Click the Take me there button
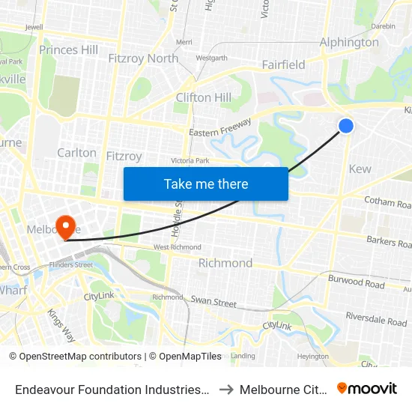click(x=206, y=184)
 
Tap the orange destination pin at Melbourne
click(x=65, y=225)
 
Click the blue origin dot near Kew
click(x=346, y=126)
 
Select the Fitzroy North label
click(x=143, y=58)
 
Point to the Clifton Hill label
click(x=204, y=97)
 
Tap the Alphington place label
click(x=349, y=43)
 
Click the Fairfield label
click(x=283, y=64)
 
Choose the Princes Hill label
click(x=68, y=50)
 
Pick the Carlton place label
click(x=76, y=152)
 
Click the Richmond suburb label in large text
click(x=225, y=263)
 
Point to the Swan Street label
click(x=213, y=303)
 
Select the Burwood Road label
click(x=357, y=282)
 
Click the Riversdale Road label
click(x=378, y=321)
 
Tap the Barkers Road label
click(x=389, y=243)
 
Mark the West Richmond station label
click(x=177, y=247)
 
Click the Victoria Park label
click(x=190, y=160)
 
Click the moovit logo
click(x=366, y=388)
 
